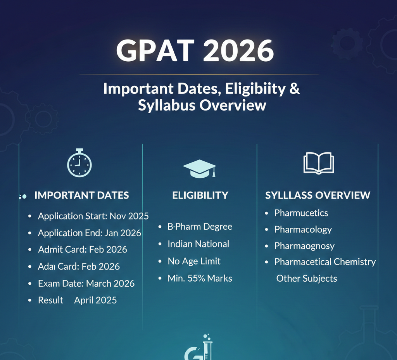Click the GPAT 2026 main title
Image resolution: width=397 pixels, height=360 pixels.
click(x=195, y=51)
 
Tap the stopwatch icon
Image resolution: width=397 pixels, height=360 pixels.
click(x=79, y=163)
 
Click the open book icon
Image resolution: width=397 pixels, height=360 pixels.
click(x=318, y=163)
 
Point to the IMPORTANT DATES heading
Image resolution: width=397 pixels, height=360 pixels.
click(x=81, y=195)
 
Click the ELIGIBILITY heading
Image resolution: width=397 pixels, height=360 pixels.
click(x=200, y=195)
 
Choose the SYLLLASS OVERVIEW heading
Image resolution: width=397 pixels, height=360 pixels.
click(x=318, y=195)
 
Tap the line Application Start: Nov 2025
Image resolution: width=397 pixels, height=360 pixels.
click(x=93, y=216)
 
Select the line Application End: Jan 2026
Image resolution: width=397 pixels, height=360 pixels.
click(x=89, y=233)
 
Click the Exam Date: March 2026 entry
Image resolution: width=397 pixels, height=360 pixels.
click(x=86, y=284)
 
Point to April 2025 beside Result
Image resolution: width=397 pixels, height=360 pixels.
click(x=95, y=300)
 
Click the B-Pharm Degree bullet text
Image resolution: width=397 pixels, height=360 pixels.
click(x=200, y=227)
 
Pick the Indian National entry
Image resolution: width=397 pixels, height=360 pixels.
click(x=198, y=244)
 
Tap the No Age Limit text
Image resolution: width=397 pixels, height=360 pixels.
click(x=194, y=261)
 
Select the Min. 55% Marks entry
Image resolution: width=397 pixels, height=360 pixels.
click(x=200, y=278)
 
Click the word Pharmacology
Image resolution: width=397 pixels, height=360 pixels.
click(x=303, y=230)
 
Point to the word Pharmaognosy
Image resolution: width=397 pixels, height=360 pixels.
click(x=304, y=246)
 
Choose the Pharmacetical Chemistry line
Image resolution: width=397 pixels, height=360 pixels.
click(x=325, y=262)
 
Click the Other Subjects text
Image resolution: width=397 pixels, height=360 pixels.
click(x=306, y=279)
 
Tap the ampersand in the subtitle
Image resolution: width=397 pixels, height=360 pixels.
click(x=295, y=89)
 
